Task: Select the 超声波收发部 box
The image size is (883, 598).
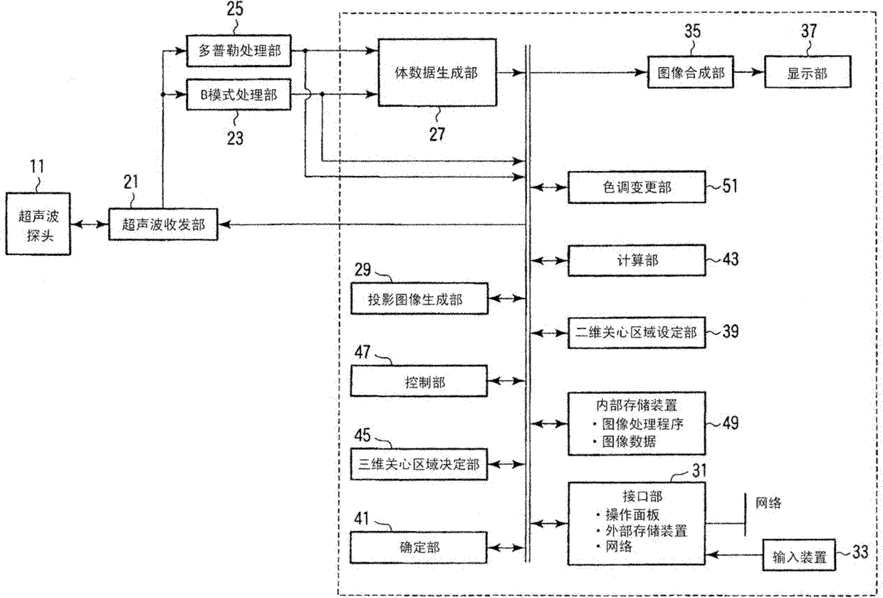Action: coord(163,225)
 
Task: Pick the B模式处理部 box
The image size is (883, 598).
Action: coord(239,94)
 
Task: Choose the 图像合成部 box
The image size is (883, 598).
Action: coord(690,72)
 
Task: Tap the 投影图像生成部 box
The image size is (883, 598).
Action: coord(419,299)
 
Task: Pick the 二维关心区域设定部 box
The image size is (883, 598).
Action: coord(635,332)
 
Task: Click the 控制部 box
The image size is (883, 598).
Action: coord(419,382)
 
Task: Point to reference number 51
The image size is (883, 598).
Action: coord(731,187)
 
